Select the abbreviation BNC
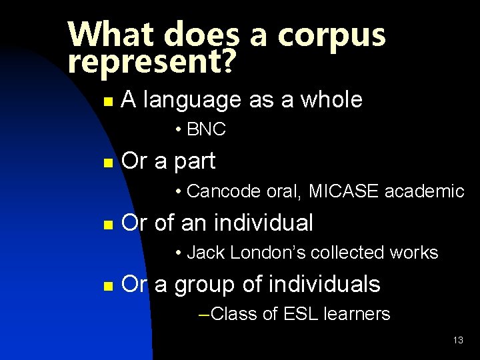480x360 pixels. (207, 130)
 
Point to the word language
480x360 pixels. (192, 101)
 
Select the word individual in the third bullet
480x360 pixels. (266, 223)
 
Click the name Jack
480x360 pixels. (203, 253)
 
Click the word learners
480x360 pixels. (357, 314)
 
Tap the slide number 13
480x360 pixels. (458, 340)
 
